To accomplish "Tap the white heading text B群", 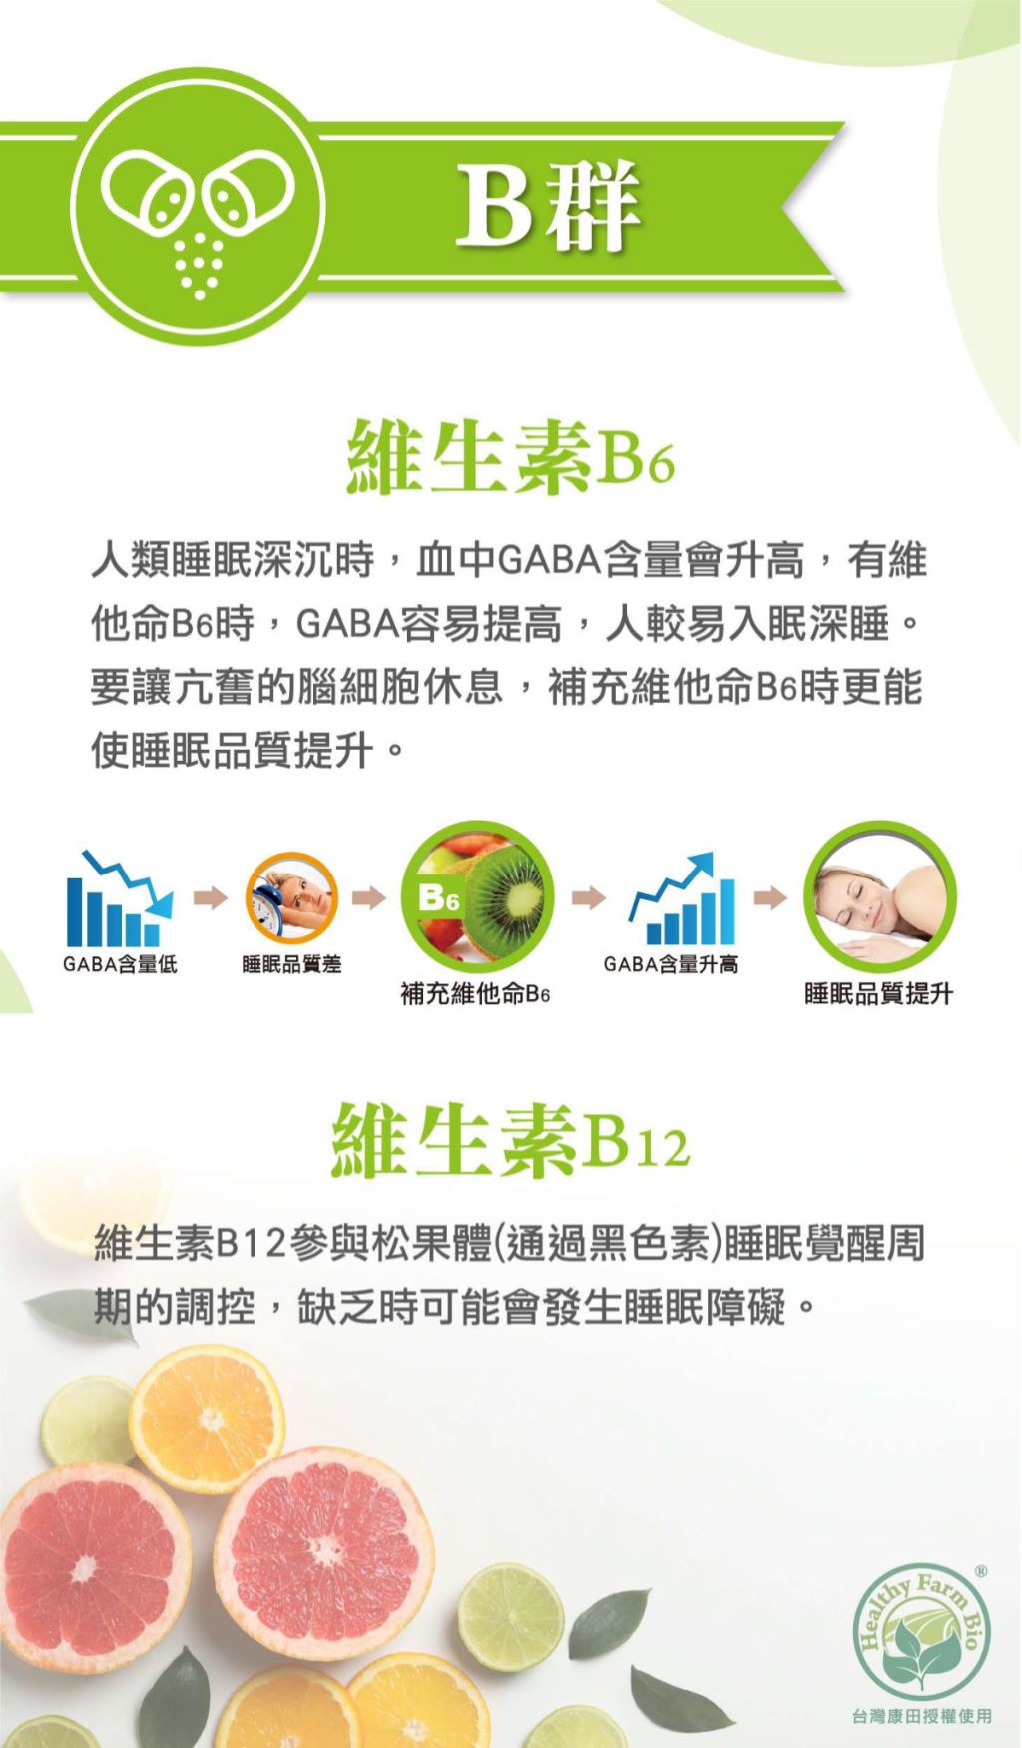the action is pyautogui.click(x=548, y=206).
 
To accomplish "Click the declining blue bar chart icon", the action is pyautogui.click(x=119, y=898).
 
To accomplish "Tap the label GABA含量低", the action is pyautogui.click(x=120, y=963).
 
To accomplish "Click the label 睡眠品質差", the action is pyautogui.click(x=291, y=964).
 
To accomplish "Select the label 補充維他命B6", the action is pyautogui.click(x=476, y=994).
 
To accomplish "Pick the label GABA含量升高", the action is pyautogui.click(x=671, y=964).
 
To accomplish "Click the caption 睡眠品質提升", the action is pyautogui.click(x=879, y=994).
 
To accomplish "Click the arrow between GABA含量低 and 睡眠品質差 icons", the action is pyautogui.click(x=210, y=898).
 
